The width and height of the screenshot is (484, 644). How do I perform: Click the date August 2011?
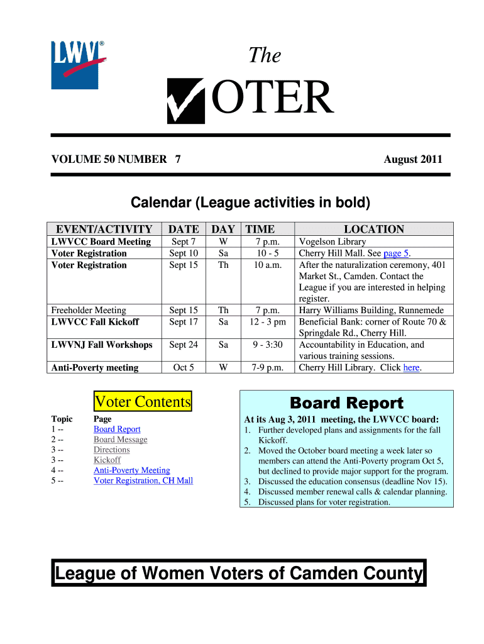pos(413,159)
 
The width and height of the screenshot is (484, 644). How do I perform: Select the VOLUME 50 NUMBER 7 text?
pos(116,159)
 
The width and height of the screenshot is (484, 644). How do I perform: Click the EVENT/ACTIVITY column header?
pos(104,230)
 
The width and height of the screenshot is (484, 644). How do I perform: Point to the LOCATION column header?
pos(373,230)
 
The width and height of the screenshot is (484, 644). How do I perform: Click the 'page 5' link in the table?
pos(397,253)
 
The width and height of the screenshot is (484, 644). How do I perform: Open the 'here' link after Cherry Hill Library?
pos(411,367)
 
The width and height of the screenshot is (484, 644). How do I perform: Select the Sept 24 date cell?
pos(184,345)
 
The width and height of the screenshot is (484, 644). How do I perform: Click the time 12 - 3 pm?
pos(268,322)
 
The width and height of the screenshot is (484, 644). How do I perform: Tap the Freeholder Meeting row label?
pos(89,310)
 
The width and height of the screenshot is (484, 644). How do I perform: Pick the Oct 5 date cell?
pos(184,367)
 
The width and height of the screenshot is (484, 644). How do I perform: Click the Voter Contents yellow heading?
pos(142,401)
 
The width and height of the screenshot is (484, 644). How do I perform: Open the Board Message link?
pos(120,440)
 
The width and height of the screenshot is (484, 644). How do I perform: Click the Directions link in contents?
pos(111,450)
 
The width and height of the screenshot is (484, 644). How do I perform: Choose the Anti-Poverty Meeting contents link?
pos(131,470)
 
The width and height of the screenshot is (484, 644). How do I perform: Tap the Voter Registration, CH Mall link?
pos(143,480)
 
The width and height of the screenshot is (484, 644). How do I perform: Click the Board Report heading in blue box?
pos(346,403)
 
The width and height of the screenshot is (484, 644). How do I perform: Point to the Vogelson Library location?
pos(333,241)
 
